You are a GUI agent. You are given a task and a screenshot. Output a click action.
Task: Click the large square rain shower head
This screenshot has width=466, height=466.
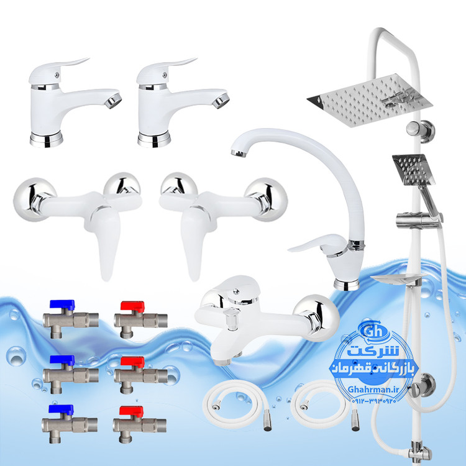coord(370,99)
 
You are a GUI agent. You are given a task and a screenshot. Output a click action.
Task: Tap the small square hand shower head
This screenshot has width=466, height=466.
coord(413,170)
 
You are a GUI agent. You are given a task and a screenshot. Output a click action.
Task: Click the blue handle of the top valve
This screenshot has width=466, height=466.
coord(62,304)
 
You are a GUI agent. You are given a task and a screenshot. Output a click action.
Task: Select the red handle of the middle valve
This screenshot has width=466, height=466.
coord(132,362)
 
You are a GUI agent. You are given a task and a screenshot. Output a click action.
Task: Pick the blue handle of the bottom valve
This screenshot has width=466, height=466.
coord(62,409)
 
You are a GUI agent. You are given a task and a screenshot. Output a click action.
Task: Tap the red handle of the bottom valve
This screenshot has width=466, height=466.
coord(131,411)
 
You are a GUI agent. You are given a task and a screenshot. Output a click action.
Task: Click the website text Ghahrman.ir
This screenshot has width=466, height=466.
coord(373,390)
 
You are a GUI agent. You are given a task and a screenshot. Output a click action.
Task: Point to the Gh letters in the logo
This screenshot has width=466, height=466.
coord(373,331)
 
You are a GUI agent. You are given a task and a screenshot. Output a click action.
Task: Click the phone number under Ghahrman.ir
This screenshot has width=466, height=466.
coord(374,401)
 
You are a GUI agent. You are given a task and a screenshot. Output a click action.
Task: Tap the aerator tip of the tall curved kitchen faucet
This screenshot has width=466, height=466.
coord(239,153)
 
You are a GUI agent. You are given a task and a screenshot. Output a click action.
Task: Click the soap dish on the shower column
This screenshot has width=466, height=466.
coord(396,279)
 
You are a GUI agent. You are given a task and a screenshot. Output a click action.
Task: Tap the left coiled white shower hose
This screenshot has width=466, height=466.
coord(235,404)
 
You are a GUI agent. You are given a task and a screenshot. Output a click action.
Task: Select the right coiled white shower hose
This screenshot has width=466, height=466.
coord(324,404)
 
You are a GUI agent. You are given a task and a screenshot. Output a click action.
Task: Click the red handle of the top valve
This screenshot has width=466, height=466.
coord(132,306)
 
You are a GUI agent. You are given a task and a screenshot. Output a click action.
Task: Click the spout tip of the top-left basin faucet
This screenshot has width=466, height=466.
coord(114,101)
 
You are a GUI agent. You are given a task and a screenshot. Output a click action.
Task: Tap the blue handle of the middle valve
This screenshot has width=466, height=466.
coord(62,360)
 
